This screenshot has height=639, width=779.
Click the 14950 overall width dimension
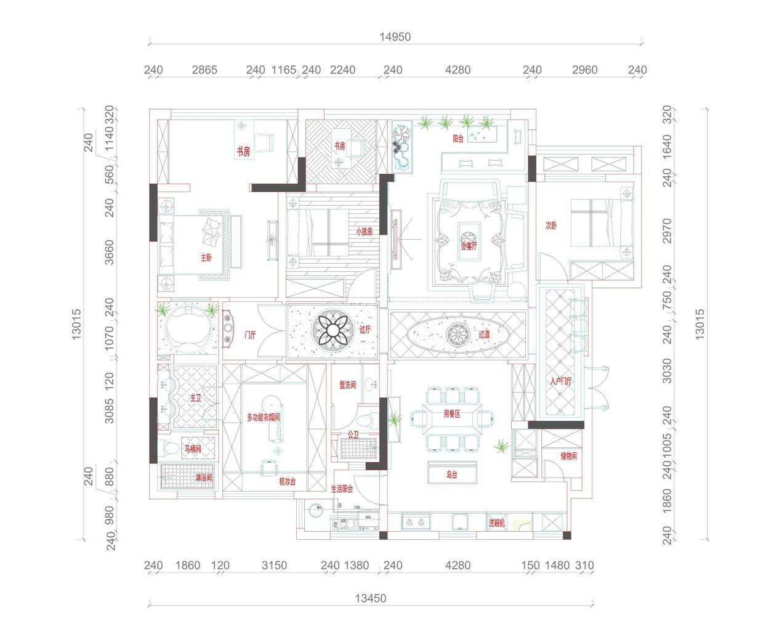point(395,37)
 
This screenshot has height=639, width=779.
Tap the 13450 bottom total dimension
point(371,598)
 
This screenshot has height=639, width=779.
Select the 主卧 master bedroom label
point(206,258)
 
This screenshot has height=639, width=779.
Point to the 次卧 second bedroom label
point(551,226)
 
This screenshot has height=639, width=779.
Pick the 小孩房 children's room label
point(364,232)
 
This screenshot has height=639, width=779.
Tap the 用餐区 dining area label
point(452,414)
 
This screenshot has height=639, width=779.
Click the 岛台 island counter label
point(452,474)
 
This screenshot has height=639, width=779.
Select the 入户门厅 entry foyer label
point(560,381)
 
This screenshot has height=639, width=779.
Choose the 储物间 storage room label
point(568,457)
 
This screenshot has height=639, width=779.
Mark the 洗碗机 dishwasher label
point(497,523)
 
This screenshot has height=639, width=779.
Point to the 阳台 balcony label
point(458,139)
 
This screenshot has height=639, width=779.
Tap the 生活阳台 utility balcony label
point(342,489)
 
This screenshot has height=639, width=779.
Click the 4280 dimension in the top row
point(458,70)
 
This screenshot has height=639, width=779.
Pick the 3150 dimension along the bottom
point(274,565)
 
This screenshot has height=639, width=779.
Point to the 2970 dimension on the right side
point(668,230)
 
